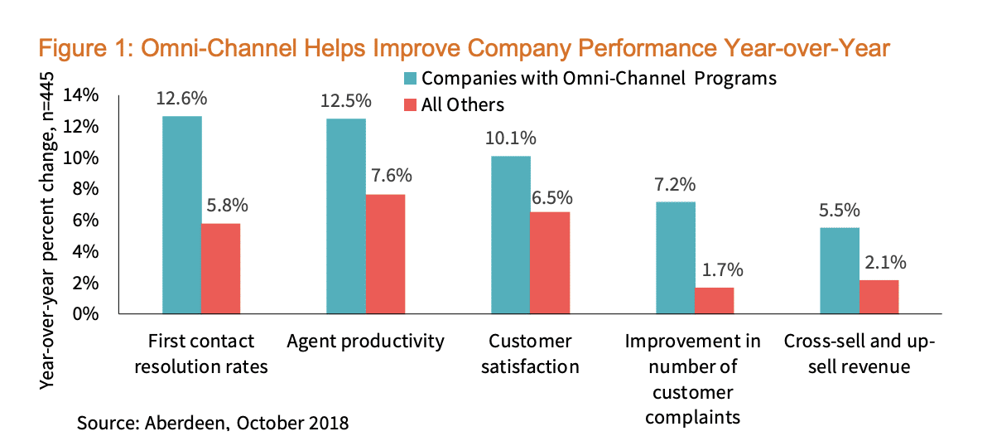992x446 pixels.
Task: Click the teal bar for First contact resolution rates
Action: [182, 216]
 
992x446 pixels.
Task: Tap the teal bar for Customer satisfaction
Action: [511, 235]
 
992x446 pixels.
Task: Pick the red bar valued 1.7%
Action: [714, 301]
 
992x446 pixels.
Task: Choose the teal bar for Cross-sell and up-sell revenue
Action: [839, 271]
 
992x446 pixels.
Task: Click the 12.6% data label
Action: [182, 99]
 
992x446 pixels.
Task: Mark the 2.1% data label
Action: [880, 263]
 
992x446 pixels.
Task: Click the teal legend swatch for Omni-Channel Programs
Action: [410, 78]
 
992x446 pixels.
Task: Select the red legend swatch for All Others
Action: [410, 104]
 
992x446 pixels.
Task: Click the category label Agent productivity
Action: [366, 342]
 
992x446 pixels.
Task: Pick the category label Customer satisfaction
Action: [530, 354]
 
